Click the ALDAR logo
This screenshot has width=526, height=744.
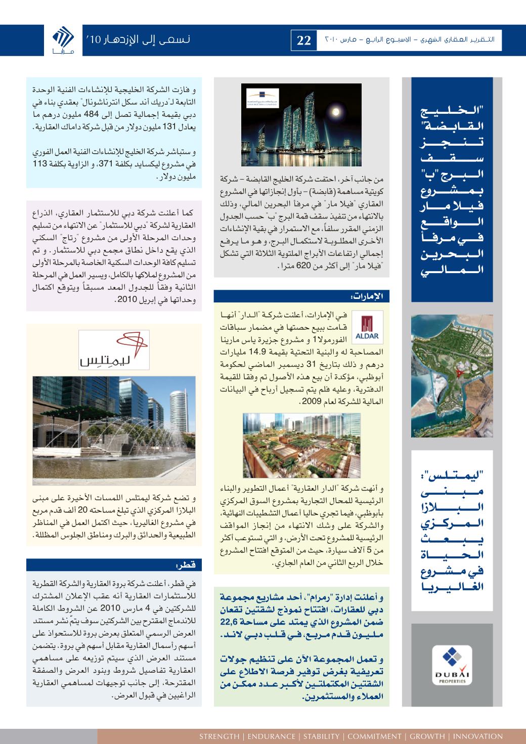pos(366,328)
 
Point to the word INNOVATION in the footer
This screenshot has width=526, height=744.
pos(478,736)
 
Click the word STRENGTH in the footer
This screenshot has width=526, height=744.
pos(218,736)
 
